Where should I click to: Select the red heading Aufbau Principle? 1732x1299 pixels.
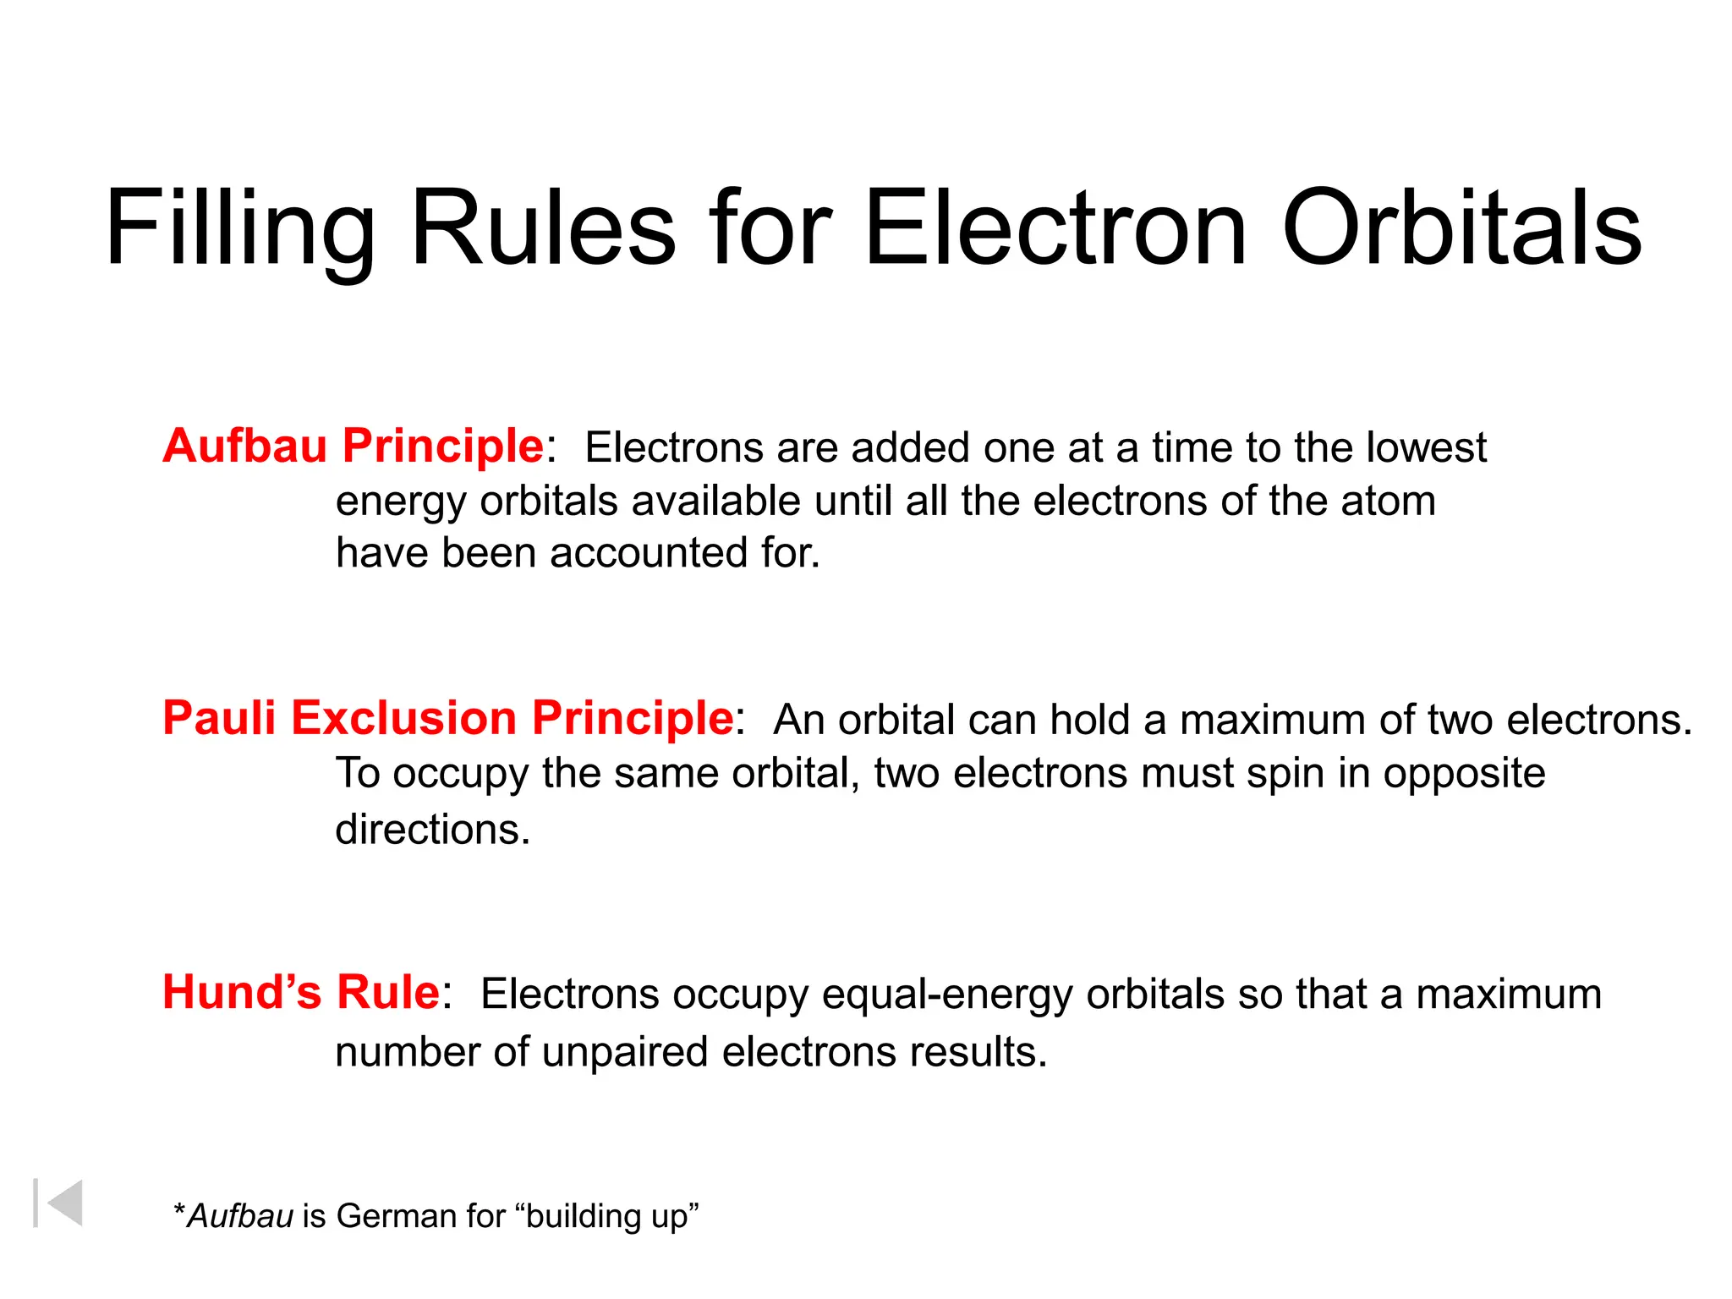tap(354, 446)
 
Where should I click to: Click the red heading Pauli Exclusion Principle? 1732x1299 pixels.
tap(447, 718)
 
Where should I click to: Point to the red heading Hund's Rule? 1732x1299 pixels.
tap(300, 992)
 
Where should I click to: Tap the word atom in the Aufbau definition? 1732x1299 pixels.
tap(1388, 501)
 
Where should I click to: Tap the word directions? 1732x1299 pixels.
tap(432, 829)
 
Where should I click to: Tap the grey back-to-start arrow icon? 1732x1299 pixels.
tap(59, 1203)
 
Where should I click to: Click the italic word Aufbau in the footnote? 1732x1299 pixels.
tap(240, 1216)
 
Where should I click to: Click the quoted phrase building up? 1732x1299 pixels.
tap(611, 1217)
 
